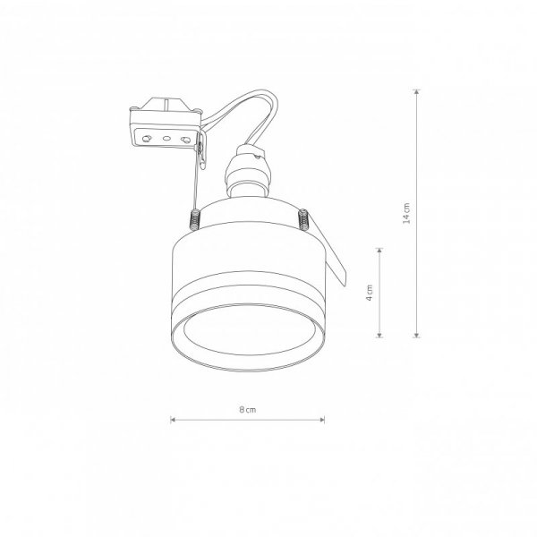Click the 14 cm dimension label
pos(406,213)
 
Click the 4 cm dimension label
pos(369,293)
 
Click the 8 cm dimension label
pos(248,410)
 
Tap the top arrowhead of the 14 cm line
pos(416,92)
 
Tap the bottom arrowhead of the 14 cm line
pos(416,335)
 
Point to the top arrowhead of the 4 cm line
pos(379,251)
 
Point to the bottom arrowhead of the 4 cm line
pos(379,335)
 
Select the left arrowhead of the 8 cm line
pos(174,420)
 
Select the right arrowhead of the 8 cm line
pos(322,420)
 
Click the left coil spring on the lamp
pos(195,218)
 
